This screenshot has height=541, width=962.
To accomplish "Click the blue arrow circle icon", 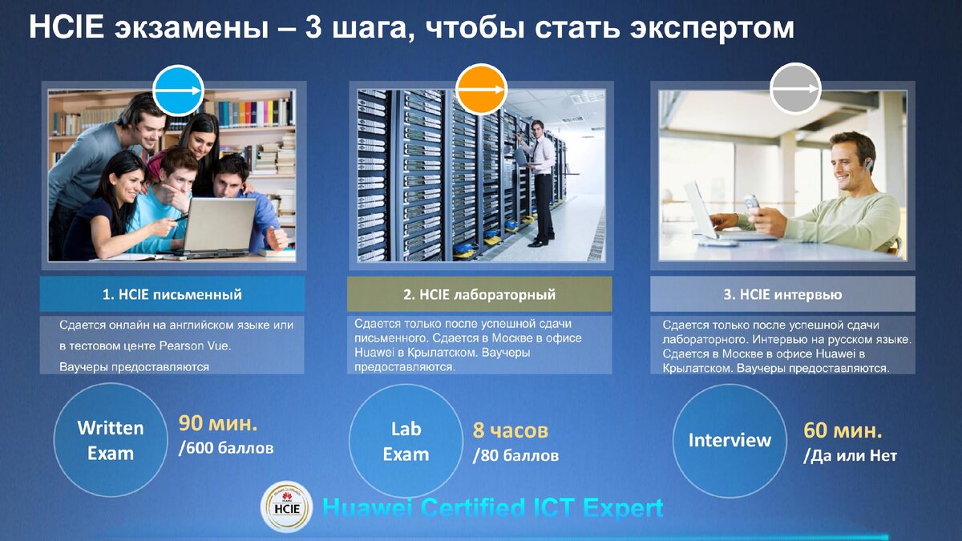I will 178,91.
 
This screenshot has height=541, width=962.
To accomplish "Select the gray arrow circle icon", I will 795,90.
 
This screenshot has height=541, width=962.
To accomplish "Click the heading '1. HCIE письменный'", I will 172,294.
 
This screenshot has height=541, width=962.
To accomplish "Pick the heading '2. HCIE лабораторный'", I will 479,294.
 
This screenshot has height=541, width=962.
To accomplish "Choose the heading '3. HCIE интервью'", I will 782,294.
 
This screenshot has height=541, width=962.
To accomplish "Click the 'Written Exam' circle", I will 111,440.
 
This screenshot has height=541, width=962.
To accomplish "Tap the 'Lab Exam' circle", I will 406,441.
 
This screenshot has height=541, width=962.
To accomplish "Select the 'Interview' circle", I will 730,440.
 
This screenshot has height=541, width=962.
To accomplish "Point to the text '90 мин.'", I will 218,423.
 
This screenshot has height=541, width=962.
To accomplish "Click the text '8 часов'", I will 510,430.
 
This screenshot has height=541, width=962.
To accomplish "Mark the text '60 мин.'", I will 843,430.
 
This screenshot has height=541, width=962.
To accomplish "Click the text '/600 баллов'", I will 226,448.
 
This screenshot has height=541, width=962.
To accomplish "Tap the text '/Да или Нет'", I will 850,456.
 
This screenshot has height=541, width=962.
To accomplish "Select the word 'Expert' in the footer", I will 623,508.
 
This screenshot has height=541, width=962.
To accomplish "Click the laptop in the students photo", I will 219,226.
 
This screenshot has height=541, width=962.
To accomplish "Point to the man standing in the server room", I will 542,180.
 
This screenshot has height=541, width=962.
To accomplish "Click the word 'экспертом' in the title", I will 709,28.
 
